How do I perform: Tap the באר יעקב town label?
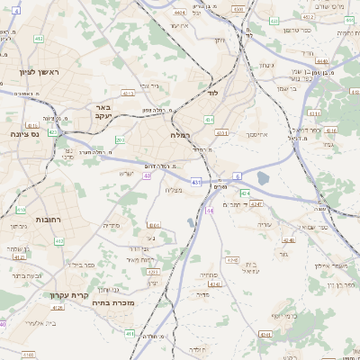point(100,111)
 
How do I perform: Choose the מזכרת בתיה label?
point(112,303)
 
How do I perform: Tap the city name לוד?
point(211,93)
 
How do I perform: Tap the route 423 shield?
point(53,131)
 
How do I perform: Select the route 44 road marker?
point(209,210)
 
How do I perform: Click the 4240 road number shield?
point(288,240)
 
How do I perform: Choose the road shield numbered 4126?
point(58,308)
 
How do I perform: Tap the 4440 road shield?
point(322,60)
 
